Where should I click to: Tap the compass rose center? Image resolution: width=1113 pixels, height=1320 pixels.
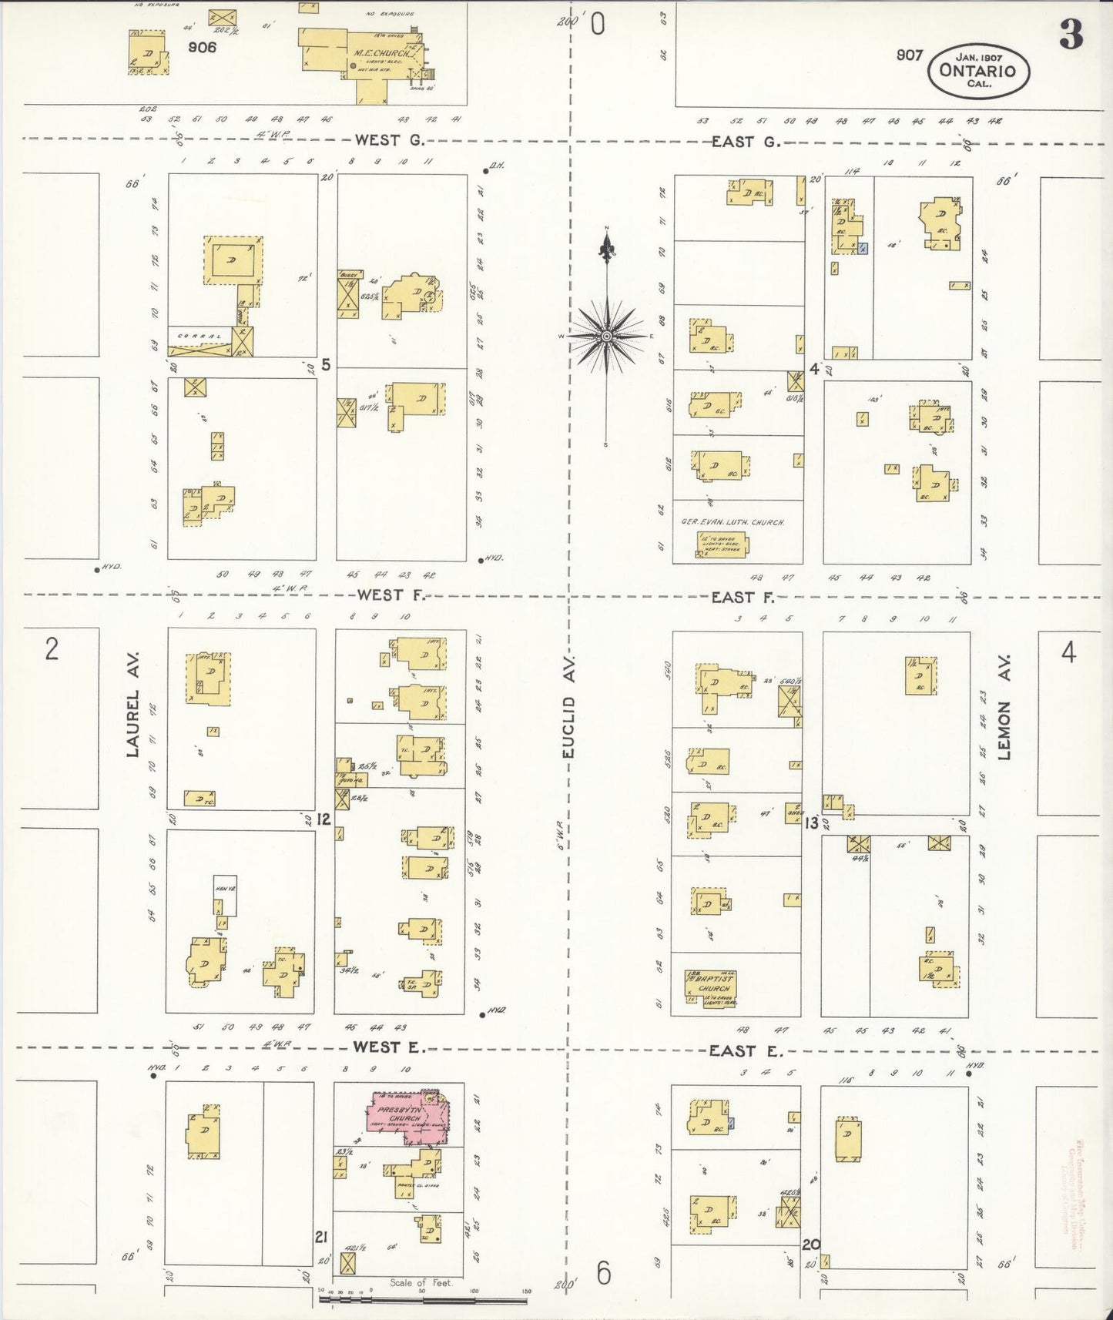(x=607, y=337)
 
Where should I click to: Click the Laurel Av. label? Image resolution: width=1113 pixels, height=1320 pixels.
(x=132, y=702)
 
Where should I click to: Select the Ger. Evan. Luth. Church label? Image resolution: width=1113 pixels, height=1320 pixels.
(x=733, y=522)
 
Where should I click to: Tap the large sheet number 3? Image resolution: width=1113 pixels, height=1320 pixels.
(x=1071, y=35)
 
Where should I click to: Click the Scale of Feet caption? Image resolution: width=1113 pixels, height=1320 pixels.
(x=420, y=1282)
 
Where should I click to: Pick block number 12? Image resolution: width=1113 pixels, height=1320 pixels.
(x=323, y=819)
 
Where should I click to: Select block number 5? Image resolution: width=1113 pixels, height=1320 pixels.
(x=326, y=364)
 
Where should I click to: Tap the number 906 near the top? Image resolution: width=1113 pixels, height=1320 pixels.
(x=202, y=46)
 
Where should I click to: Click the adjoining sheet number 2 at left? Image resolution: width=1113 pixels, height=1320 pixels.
(x=51, y=651)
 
